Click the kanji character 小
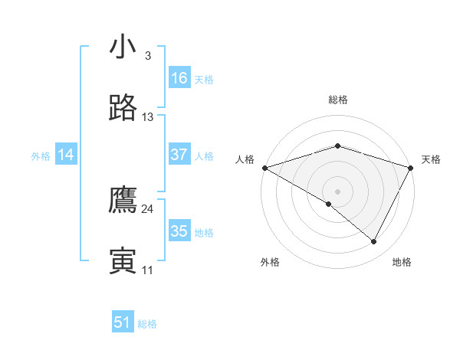(x=122, y=48)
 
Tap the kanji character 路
(x=123, y=109)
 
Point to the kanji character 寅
(x=123, y=261)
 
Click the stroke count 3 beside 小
(x=148, y=56)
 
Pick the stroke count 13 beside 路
(x=148, y=117)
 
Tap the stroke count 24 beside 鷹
(x=148, y=208)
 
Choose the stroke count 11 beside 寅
(x=148, y=270)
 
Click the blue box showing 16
(x=179, y=78)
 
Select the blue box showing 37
(x=179, y=155)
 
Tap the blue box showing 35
(x=179, y=231)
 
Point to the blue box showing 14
(x=66, y=155)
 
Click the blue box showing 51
(x=123, y=322)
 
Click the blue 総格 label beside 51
(x=147, y=324)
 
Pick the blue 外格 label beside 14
(x=41, y=156)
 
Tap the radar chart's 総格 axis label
(x=337, y=100)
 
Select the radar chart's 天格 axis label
(x=432, y=159)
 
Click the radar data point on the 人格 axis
(x=264, y=168)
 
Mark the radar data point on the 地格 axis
(x=374, y=242)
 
